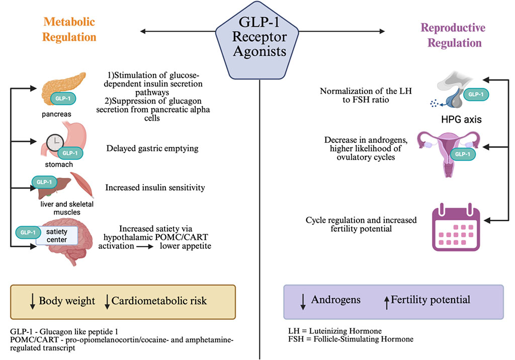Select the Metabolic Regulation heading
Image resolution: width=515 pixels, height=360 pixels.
click(69, 29)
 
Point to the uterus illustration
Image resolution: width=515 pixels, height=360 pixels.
click(448, 151)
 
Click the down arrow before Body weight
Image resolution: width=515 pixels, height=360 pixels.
click(32, 301)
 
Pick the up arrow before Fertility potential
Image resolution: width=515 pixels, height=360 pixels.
click(386, 301)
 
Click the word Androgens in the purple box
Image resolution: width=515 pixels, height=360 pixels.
click(335, 300)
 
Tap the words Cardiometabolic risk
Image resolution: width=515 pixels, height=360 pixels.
click(159, 301)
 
